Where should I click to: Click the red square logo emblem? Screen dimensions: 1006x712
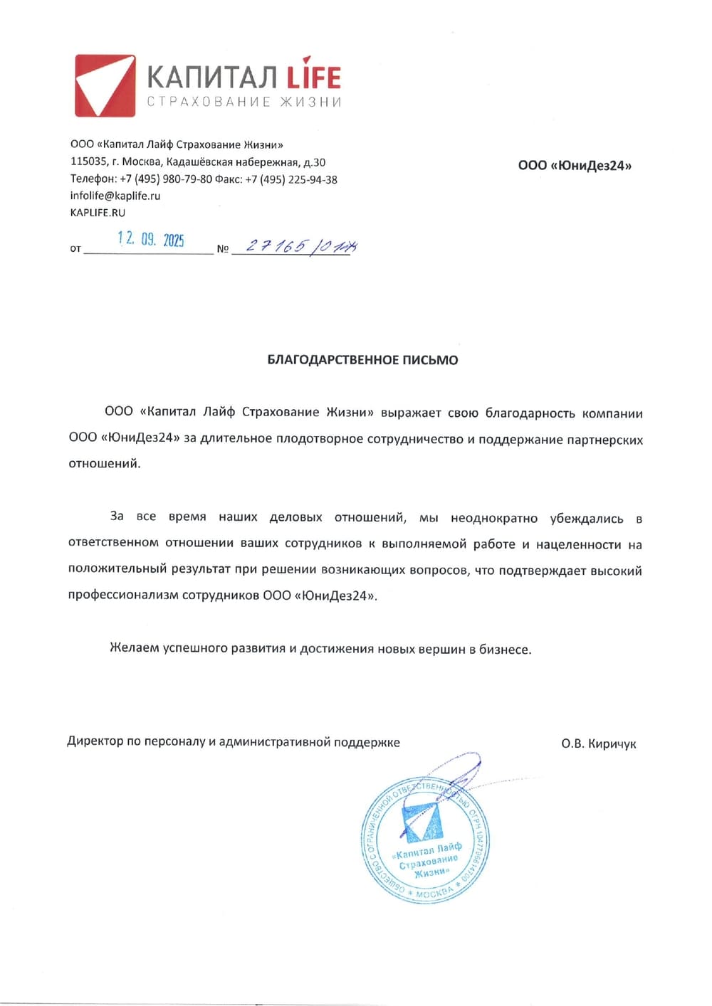click(x=105, y=85)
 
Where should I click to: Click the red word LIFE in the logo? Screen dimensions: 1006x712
click(x=313, y=77)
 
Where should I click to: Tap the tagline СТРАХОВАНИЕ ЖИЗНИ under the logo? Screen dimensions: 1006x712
click(x=244, y=102)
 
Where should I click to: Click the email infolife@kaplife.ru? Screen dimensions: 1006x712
click(x=115, y=196)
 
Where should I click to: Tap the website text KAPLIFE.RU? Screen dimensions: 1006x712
click(x=98, y=213)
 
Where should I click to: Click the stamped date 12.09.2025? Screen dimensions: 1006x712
click(x=151, y=239)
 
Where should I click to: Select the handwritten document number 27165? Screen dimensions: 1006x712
click(x=276, y=246)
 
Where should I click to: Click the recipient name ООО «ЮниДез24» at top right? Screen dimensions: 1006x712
click(x=575, y=166)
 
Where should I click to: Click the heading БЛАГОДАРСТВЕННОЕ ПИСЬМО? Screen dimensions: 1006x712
click(x=362, y=360)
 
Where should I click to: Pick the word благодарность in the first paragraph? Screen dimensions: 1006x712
click(x=530, y=413)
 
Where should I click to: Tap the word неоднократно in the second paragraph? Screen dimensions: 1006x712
click(x=494, y=518)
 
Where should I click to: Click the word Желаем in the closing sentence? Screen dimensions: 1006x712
click(x=135, y=648)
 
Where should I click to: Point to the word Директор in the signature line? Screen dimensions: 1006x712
click(x=95, y=742)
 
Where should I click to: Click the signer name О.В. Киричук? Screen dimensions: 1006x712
click(x=598, y=744)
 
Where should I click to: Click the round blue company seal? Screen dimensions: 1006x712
click(x=425, y=840)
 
